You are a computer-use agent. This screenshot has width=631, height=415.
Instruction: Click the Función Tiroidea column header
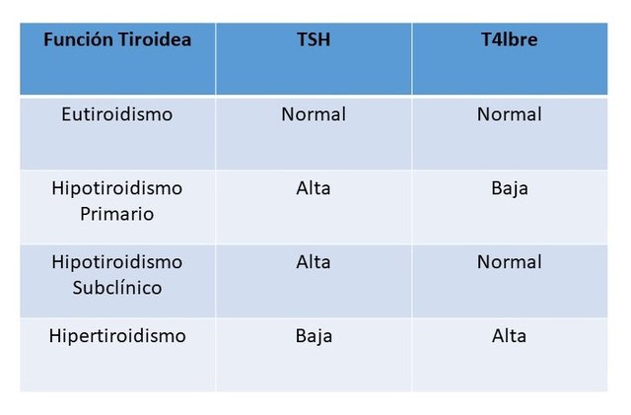pyautogui.click(x=117, y=39)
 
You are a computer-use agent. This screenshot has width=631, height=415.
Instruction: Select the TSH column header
pyautogui.click(x=314, y=39)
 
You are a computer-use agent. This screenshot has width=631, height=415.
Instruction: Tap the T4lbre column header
pyautogui.click(x=510, y=39)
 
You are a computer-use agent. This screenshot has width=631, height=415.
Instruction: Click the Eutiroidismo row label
pyautogui.click(x=117, y=114)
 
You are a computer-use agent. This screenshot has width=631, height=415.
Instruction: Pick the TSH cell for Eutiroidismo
pyautogui.click(x=314, y=114)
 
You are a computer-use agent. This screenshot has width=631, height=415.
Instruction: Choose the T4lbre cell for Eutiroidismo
pyautogui.click(x=510, y=114)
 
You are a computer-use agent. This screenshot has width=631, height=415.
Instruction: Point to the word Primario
pyautogui.click(x=117, y=214)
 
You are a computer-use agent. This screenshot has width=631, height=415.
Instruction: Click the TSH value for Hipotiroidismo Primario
pyautogui.click(x=314, y=188)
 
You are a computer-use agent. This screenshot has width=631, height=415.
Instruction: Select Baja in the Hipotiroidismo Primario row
pyautogui.click(x=510, y=188)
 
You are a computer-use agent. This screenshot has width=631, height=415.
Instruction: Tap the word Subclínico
pyautogui.click(x=117, y=288)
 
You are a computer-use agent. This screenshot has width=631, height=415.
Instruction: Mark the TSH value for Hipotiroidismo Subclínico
pyautogui.click(x=314, y=262)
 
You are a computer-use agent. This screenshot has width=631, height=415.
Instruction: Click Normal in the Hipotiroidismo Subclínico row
pyautogui.click(x=510, y=262)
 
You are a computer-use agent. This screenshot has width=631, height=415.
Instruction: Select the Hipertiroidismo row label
pyautogui.click(x=117, y=336)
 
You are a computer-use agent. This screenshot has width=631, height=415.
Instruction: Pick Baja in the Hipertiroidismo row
pyautogui.click(x=314, y=336)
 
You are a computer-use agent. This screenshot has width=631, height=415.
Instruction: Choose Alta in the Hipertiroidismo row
pyautogui.click(x=509, y=336)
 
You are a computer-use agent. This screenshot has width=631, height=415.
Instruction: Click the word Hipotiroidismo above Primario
pyautogui.click(x=117, y=188)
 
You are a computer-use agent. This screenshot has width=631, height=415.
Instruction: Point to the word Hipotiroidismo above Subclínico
pyautogui.click(x=117, y=262)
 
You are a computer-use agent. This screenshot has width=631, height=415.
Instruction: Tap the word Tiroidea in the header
pyautogui.click(x=155, y=39)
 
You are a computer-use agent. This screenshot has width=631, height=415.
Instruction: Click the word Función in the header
pyautogui.click(x=78, y=39)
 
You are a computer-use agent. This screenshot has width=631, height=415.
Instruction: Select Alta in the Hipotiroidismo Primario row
pyautogui.click(x=314, y=188)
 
